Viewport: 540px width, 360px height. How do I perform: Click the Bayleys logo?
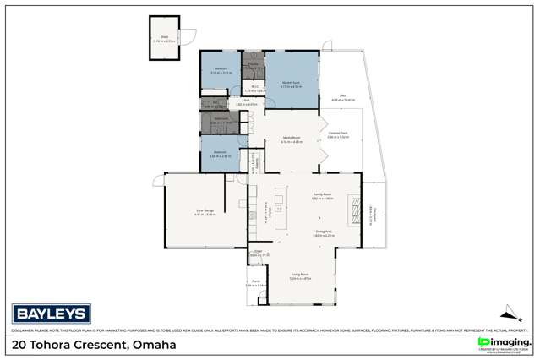coord(49,314)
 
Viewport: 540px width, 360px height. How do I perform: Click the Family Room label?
coord(323,193)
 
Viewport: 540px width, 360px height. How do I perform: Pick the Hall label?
coord(246,101)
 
